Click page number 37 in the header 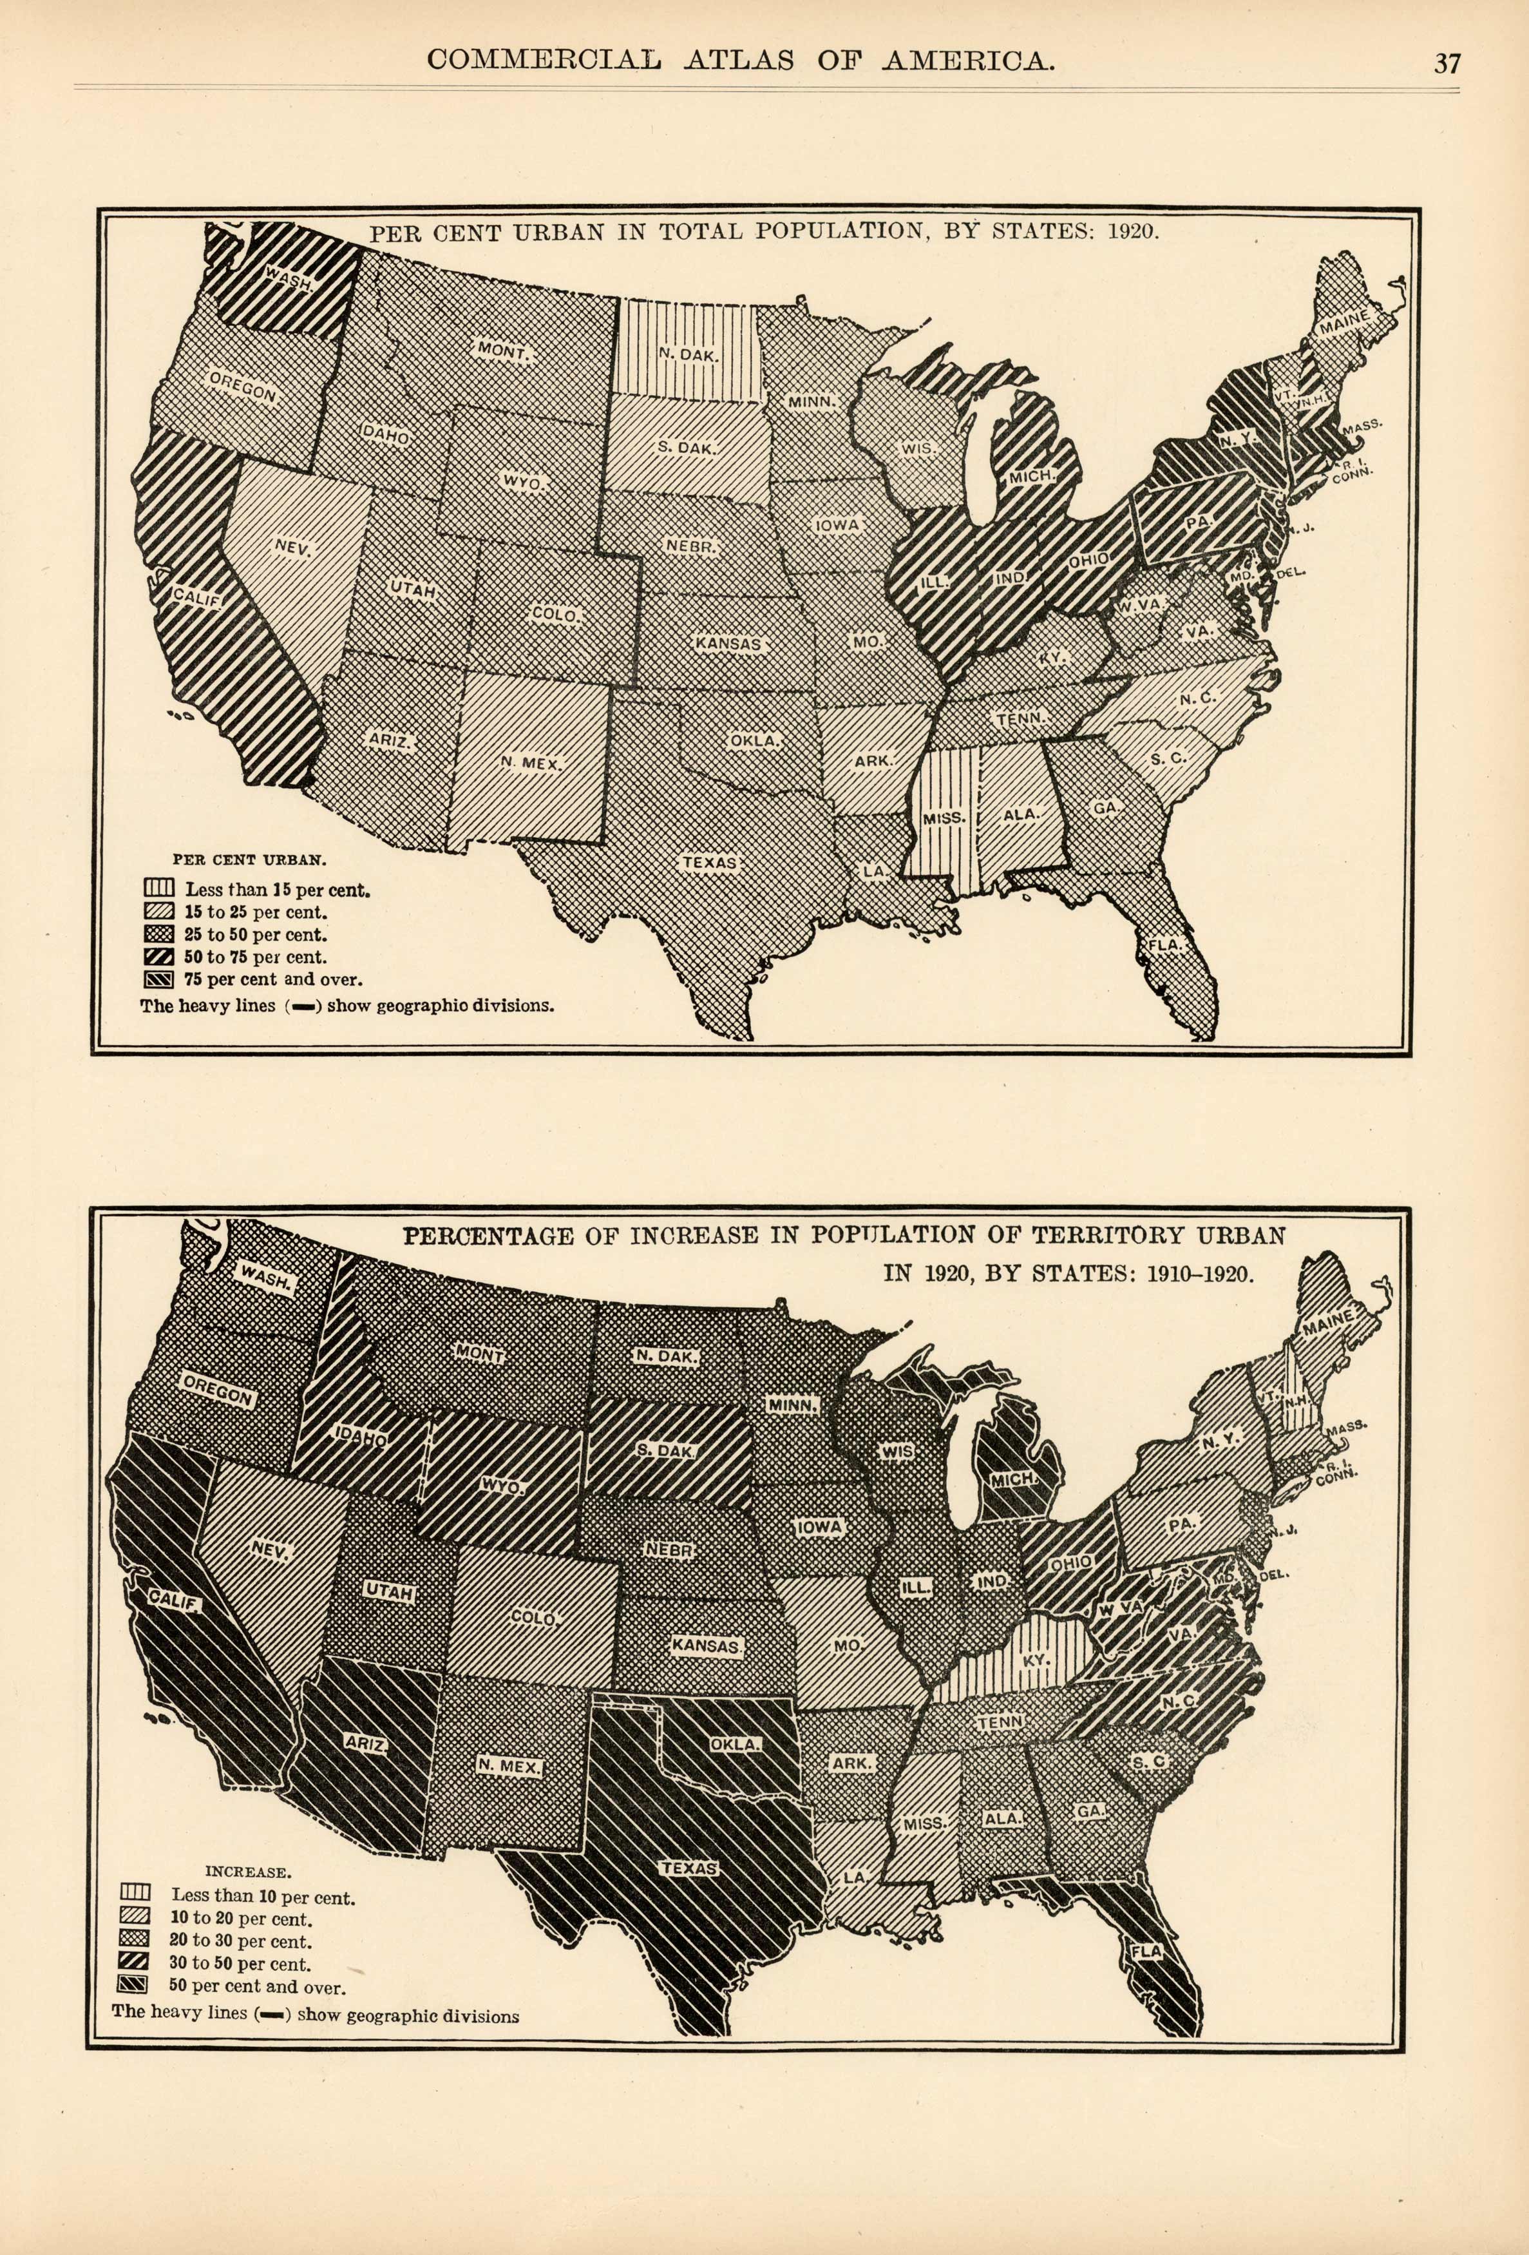(x=1447, y=63)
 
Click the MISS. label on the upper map (x=943, y=818)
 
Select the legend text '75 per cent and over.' (x=272, y=980)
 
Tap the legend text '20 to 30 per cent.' (x=241, y=1941)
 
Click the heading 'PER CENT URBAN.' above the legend (x=249, y=859)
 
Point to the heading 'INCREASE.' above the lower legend (x=249, y=1872)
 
